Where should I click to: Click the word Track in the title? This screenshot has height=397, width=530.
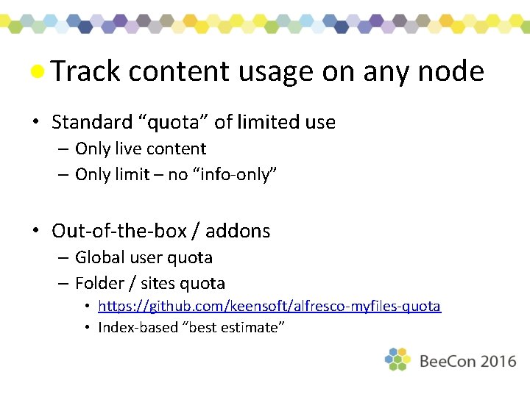tap(85, 71)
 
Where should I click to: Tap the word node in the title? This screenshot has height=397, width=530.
tap(450, 71)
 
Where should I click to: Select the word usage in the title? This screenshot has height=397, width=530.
tap(277, 71)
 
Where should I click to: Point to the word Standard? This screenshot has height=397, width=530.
tap(91, 122)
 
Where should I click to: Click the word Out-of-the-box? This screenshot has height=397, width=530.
tap(118, 231)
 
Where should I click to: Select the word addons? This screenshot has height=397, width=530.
tap(238, 231)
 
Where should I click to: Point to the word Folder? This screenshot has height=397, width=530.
tap(99, 283)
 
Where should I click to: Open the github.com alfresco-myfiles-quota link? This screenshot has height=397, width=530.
tap(269, 306)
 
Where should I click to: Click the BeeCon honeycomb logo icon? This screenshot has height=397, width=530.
tap(397, 360)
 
